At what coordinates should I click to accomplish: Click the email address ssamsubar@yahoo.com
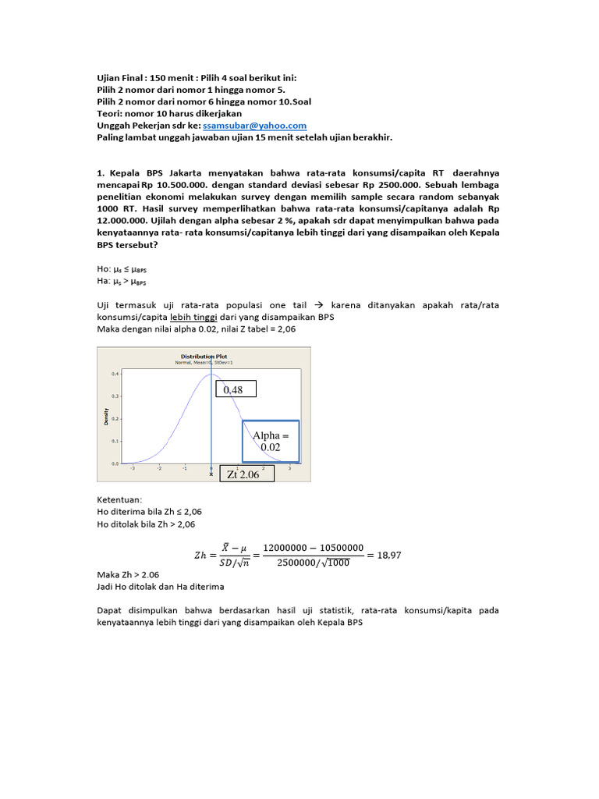[x=254, y=125]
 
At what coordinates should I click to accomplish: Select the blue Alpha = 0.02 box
[x=270, y=441]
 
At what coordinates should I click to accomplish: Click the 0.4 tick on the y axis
[x=115, y=374]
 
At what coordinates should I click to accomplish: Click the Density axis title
[x=106, y=418]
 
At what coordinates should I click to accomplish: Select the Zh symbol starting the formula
[x=200, y=556]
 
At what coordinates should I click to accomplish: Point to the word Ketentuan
[x=119, y=499]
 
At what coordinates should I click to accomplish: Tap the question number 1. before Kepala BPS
[x=101, y=172]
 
